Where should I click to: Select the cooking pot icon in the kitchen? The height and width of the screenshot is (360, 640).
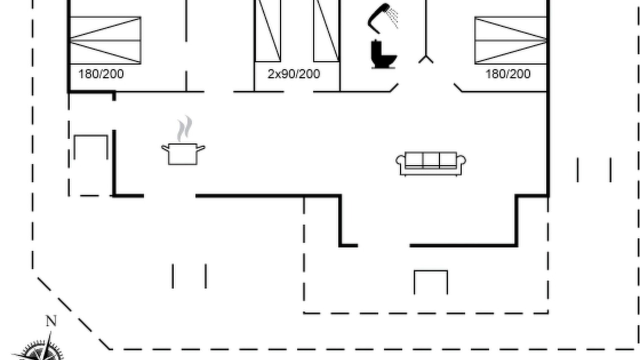(183, 154)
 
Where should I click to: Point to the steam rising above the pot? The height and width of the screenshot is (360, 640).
(184, 128)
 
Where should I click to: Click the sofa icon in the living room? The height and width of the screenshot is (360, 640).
(431, 163)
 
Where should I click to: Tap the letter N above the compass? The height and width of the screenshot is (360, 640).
(51, 321)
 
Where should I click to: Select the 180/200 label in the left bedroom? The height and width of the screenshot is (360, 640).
(101, 74)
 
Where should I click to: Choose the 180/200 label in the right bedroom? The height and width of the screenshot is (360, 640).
(508, 74)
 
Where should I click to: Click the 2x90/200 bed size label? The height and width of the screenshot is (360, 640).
(293, 74)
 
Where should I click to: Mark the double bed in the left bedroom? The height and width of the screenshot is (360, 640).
(105, 40)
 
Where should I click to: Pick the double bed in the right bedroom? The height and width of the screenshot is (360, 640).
(511, 40)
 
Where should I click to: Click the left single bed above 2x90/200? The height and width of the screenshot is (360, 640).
(267, 30)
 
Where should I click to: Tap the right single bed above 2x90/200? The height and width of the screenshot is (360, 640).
(326, 30)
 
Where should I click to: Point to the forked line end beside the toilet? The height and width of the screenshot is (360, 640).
(426, 59)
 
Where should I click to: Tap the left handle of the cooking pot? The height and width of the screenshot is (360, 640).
(165, 148)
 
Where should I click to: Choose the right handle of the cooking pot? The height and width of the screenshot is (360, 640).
(201, 148)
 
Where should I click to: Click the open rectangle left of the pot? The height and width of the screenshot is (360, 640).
(91, 135)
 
